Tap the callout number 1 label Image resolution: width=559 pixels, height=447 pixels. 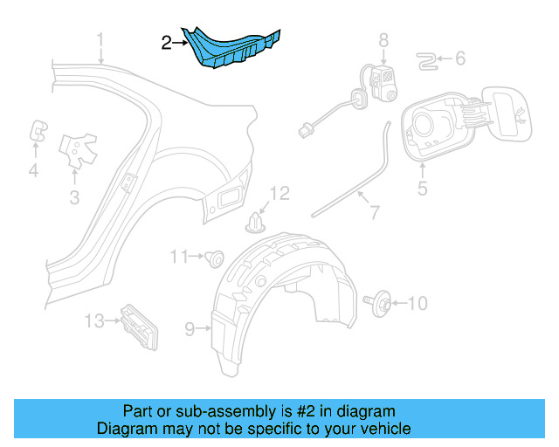[100, 40]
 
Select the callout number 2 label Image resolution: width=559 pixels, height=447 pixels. [167, 40]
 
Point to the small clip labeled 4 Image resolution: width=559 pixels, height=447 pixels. [39, 130]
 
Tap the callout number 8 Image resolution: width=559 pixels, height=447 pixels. [383, 39]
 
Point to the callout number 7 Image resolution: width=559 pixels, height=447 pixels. [374, 211]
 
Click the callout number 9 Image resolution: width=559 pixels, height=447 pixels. [189, 328]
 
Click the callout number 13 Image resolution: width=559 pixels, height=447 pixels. [94, 320]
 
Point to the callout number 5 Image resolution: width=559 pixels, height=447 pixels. [422, 188]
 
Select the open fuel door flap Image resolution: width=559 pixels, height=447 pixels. [507, 114]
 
